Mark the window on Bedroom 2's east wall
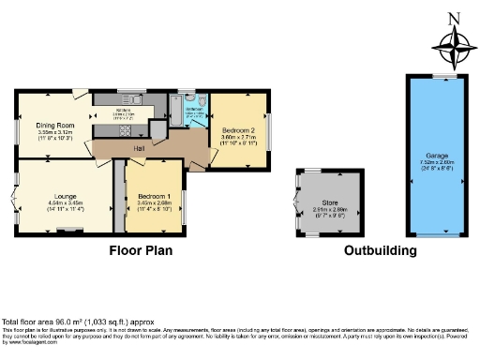pyautogui.click(x=265, y=128)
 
